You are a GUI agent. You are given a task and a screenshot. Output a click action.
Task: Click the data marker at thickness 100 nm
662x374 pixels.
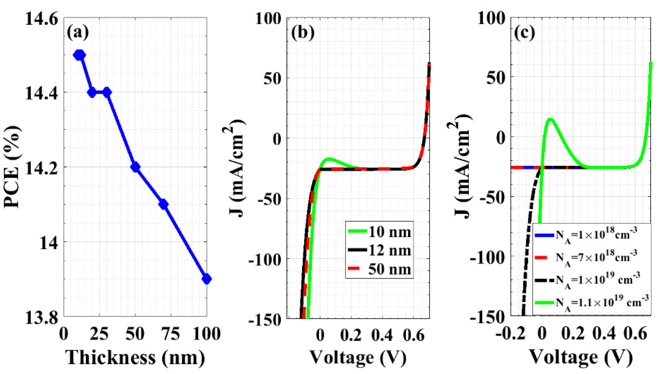click(207, 279)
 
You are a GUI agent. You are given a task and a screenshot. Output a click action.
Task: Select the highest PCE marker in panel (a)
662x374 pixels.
click(79, 55)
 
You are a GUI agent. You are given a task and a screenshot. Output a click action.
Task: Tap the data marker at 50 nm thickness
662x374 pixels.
click(135, 167)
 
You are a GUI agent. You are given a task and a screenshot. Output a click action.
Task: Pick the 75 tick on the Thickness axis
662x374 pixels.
click(171, 334)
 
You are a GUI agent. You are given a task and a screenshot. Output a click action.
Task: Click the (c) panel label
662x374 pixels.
click(524, 33)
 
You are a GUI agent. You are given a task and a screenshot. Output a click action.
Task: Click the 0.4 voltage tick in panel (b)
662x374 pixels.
click(382, 335)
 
